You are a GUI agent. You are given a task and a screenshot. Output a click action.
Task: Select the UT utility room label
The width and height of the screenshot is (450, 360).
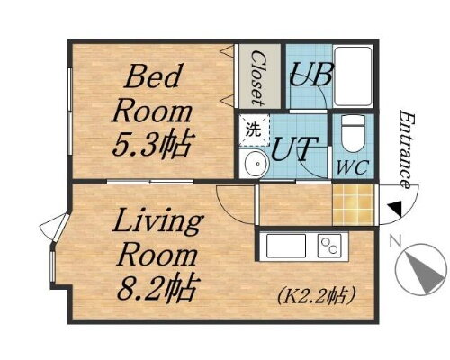click(x=292, y=147)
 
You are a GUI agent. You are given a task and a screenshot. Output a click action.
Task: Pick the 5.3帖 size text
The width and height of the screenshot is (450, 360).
click(x=156, y=143)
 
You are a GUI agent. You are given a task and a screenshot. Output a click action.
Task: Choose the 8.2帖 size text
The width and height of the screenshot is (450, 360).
click(x=154, y=290)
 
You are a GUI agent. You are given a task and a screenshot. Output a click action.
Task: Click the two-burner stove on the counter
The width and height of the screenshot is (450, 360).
click(x=329, y=245)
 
